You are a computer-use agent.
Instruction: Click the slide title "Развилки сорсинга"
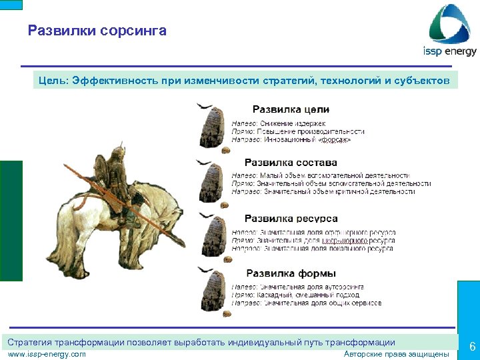pos(97,31)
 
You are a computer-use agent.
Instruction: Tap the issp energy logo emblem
pos(451,23)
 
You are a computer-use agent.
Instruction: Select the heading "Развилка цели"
pos(290,110)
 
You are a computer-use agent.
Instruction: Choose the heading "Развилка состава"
pos(291,163)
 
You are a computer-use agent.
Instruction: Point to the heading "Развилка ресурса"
pos(291,219)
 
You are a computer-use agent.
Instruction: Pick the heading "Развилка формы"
pos(291,273)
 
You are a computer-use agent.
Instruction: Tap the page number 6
pos(471,347)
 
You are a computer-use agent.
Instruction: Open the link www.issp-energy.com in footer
pos(47,354)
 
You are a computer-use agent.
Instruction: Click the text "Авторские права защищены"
pos(396,354)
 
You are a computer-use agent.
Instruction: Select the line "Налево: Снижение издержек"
pos(278,123)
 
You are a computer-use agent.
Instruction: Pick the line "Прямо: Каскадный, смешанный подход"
pos(296,295)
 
